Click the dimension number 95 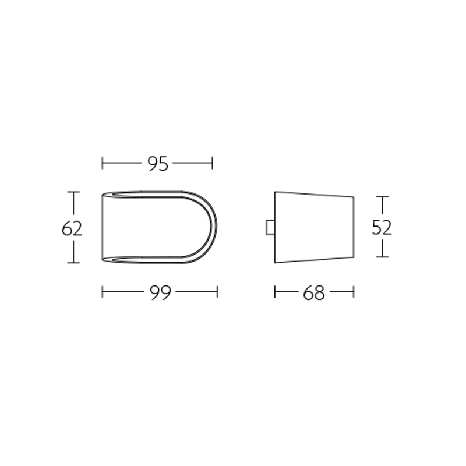pyautogui.click(x=157, y=164)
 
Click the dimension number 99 pyautogui.click(x=160, y=292)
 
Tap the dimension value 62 pyautogui.click(x=72, y=228)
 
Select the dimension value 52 pyautogui.click(x=382, y=227)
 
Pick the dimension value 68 pyautogui.click(x=313, y=292)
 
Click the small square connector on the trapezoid pyautogui.click(x=270, y=228)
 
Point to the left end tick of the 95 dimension pyautogui.click(x=103, y=163)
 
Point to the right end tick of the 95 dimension pyautogui.click(x=212, y=163)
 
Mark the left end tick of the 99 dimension pyautogui.click(x=103, y=292)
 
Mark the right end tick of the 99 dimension pyautogui.click(x=217, y=292)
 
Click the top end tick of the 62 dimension pyautogui.click(x=73, y=192)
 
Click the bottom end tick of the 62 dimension pyautogui.click(x=73, y=263)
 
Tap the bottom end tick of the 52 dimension pyautogui.click(x=382, y=257)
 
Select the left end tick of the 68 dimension pyautogui.click(x=275, y=292)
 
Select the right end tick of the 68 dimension pyautogui.click(x=354, y=292)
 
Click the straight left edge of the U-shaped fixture pyautogui.click(x=103, y=227)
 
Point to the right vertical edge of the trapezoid pyautogui.click(x=354, y=227)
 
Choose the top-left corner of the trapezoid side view pyautogui.click(x=275, y=192)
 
